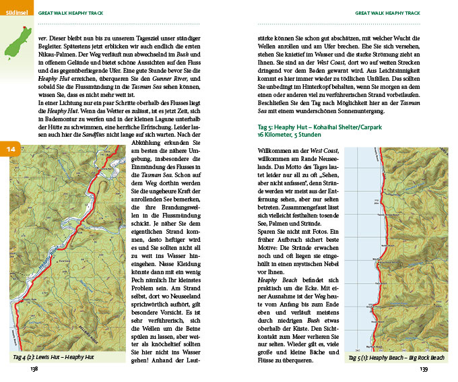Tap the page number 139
pyautogui.click(x=424, y=369)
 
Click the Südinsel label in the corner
pyautogui.click(x=15, y=12)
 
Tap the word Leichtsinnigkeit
pyautogui.click(x=394, y=71)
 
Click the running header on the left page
pyautogui.click(x=69, y=13)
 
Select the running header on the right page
pyautogui.click(x=388, y=13)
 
